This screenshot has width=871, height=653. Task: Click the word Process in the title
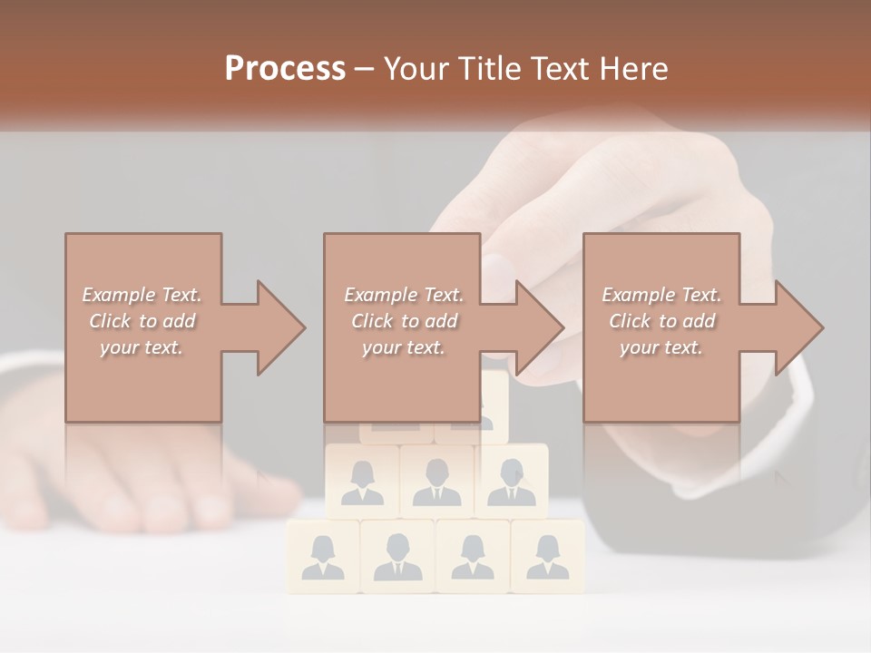click(x=285, y=69)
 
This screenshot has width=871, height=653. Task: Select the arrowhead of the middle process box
click(x=539, y=327)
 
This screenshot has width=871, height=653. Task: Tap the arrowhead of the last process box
click(x=798, y=327)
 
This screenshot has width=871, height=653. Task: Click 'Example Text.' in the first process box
click(x=142, y=295)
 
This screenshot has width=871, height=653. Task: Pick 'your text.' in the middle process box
click(x=403, y=347)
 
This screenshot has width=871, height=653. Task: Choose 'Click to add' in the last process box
click(x=661, y=321)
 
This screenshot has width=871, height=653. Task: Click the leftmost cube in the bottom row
click(x=323, y=555)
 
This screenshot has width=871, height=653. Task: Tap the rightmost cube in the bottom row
click(x=547, y=555)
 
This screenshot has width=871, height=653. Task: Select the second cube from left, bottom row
click(x=397, y=555)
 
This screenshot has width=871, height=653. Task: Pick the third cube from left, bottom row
click(x=473, y=555)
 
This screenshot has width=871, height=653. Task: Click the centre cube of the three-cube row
click(x=436, y=481)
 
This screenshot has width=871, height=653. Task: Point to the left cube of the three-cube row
click(x=362, y=481)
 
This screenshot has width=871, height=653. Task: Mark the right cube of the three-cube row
click(x=512, y=481)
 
